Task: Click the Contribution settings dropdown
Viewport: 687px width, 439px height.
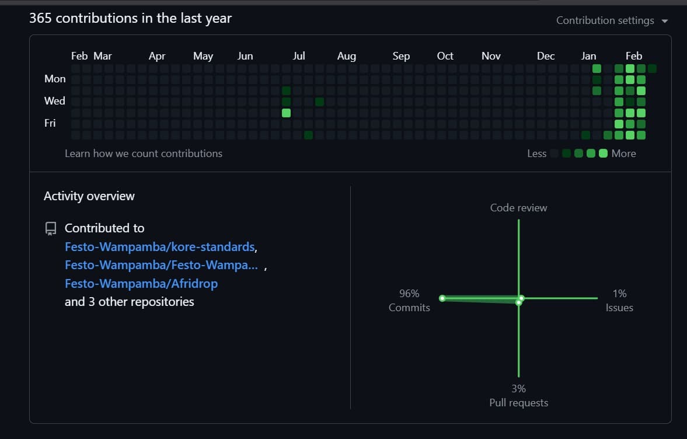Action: point(611,20)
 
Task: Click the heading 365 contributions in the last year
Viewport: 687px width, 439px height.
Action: point(130,18)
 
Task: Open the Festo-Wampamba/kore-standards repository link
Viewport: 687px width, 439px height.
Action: point(159,246)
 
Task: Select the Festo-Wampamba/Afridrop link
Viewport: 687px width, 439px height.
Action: point(141,284)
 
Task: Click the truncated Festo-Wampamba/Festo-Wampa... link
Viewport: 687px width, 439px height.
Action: point(161,265)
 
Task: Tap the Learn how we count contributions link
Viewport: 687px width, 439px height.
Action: point(144,154)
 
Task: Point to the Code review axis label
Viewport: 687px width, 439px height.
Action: point(518,208)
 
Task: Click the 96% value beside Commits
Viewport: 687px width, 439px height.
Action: point(409,294)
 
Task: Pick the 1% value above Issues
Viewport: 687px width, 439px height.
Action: point(619,294)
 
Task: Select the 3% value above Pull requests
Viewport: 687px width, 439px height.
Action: point(518,389)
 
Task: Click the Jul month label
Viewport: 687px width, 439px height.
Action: point(298,56)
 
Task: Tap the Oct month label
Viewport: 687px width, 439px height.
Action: point(445,56)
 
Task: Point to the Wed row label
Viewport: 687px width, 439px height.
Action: point(55,101)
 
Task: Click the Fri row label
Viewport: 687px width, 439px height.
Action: point(50,123)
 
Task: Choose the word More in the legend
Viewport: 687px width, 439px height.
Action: point(623,154)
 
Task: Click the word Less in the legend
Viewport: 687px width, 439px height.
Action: point(536,154)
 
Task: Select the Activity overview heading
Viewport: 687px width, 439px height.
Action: point(89,196)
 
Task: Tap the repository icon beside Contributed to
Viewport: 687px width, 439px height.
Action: point(51,228)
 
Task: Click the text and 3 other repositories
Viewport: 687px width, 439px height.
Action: point(129,302)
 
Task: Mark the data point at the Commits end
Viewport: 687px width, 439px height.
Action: point(442,298)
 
